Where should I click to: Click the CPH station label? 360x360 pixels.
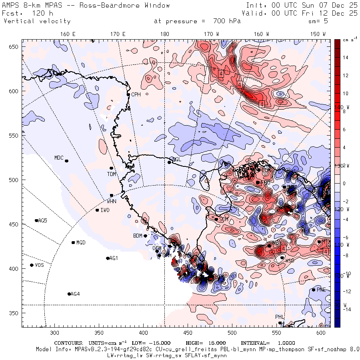[x=136, y=95]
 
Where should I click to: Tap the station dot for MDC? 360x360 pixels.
[x=66, y=161]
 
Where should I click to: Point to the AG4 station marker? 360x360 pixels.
[x=69, y=294]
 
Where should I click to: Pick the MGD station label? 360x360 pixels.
[x=81, y=243]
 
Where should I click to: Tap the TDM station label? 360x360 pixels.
[x=111, y=174]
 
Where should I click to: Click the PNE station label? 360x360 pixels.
[x=321, y=290]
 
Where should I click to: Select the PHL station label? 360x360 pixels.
[x=279, y=317]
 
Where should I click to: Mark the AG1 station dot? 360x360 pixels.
[x=108, y=258]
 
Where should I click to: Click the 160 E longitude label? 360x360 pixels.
[x=68, y=34]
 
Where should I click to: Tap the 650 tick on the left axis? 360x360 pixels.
[x=15, y=47]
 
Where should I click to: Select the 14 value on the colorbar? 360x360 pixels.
[x=345, y=58]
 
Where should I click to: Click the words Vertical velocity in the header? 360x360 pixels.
[x=37, y=21]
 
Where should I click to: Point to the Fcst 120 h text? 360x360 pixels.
[x=25, y=13]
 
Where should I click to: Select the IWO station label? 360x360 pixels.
[x=105, y=210]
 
